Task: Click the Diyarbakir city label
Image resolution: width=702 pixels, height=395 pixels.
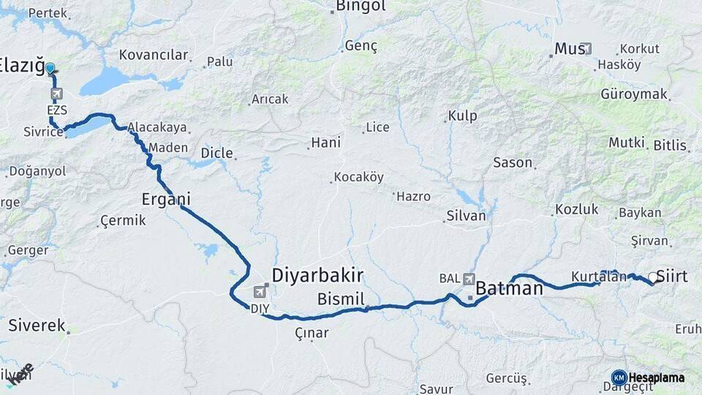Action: click(x=317, y=275)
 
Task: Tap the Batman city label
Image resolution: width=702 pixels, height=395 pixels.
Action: click(x=510, y=289)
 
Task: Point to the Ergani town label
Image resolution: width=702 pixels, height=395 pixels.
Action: click(x=166, y=199)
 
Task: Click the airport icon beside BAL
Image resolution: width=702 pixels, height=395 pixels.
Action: click(x=469, y=279)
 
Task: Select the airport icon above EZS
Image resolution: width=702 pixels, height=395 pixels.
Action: click(x=56, y=94)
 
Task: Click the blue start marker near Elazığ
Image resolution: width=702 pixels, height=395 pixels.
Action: click(x=50, y=69)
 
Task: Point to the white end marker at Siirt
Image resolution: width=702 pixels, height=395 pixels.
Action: click(x=652, y=277)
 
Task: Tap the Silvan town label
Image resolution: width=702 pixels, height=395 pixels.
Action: click(x=466, y=216)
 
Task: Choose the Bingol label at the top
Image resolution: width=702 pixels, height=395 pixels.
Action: click(x=361, y=7)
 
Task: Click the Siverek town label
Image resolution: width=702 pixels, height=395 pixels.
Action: click(x=37, y=326)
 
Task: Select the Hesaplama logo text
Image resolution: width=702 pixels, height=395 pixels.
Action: click(x=657, y=377)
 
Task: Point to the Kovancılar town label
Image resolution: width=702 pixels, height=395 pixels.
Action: click(x=154, y=55)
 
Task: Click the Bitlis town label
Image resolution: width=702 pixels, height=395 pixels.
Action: click(x=670, y=146)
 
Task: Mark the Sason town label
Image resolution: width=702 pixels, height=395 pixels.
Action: click(x=513, y=162)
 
